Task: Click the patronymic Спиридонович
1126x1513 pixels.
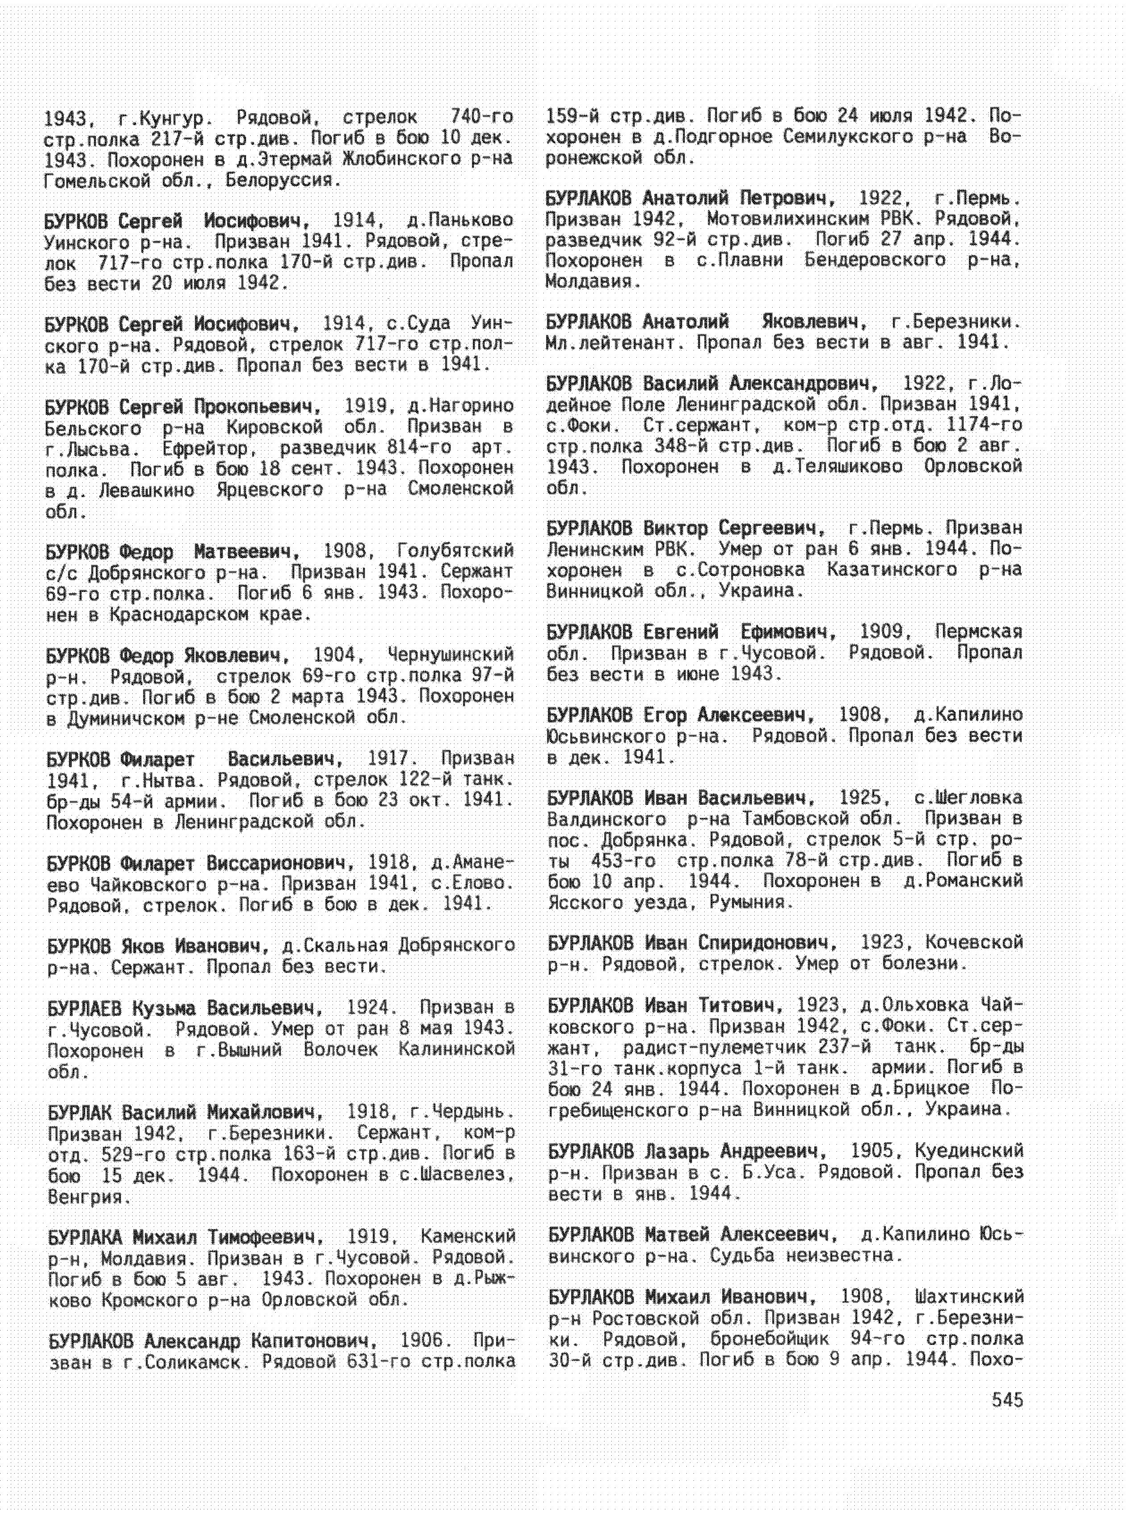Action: point(767,943)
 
